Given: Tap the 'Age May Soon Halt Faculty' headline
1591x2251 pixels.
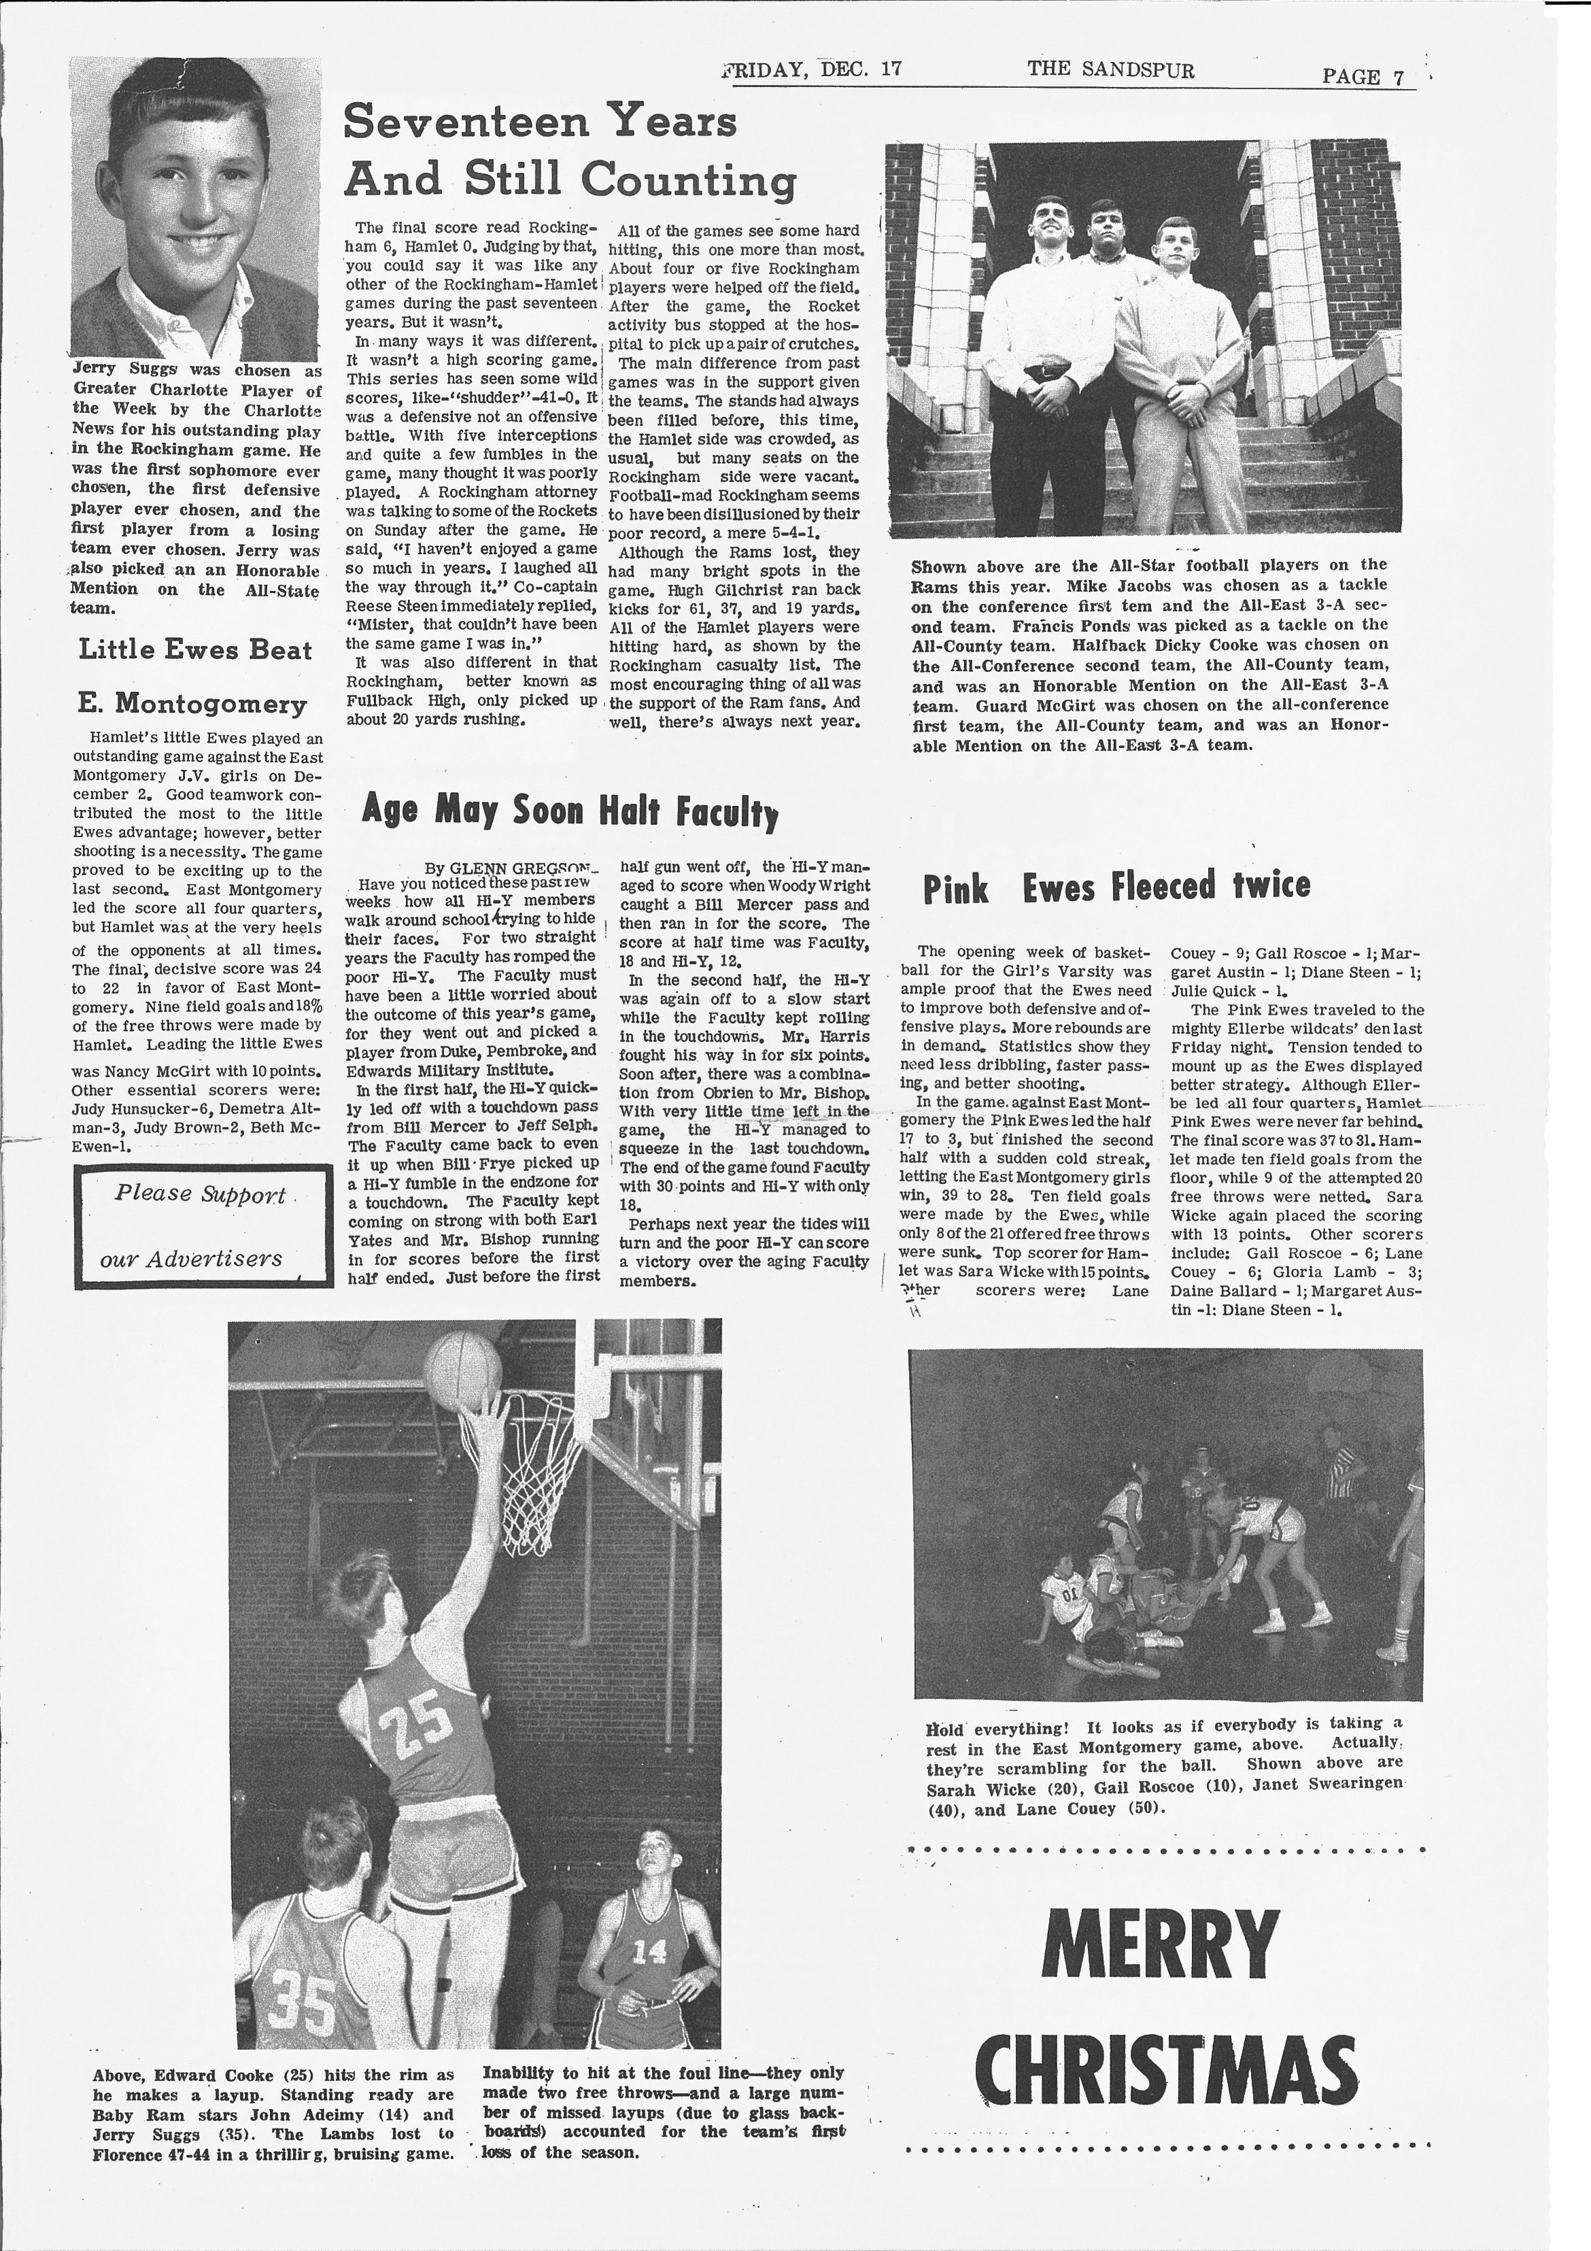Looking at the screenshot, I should click(570, 810).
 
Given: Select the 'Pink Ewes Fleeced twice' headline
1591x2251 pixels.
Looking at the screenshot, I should click(1116, 886).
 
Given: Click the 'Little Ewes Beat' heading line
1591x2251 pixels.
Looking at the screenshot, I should click(195, 650).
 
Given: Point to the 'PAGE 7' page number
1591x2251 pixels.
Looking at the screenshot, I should click(1364, 76).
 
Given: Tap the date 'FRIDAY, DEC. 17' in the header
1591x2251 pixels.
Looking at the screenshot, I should click(812, 69).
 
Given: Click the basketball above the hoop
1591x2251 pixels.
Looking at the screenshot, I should click(463, 1369).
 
